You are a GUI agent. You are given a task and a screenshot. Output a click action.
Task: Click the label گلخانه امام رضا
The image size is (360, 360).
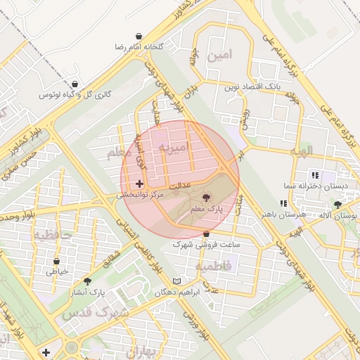pyautogui.click(x=140, y=46)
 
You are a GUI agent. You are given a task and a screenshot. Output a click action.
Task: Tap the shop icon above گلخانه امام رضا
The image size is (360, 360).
pyautogui.click(x=139, y=35)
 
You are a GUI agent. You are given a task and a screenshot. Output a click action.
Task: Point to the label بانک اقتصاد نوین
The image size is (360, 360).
pyautogui.click(x=252, y=86)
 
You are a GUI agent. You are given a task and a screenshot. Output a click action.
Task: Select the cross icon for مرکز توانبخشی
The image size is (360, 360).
pyautogui.click(x=139, y=184)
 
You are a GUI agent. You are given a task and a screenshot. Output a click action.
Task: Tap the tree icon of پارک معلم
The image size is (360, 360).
pyautogui.click(x=206, y=199)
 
